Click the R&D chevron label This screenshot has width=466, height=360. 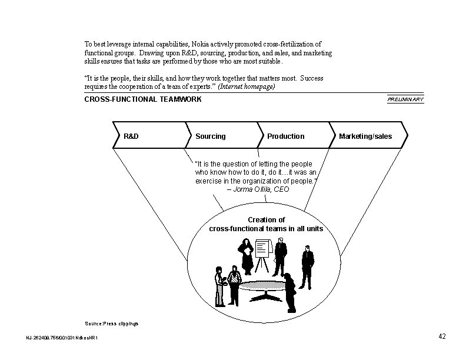tap(131, 136)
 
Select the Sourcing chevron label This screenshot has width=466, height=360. tap(210, 136)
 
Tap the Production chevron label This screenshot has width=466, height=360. tap(285, 136)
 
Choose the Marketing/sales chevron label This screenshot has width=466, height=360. tap(365, 136)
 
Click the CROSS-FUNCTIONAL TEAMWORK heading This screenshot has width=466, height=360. tap(143, 99)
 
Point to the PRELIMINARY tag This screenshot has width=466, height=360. tap(405, 100)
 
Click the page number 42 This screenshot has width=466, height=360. tap(442, 336)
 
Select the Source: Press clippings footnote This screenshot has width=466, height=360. tap(112, 324)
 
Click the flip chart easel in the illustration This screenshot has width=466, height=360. tap(262, 253)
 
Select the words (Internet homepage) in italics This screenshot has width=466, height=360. tap(247, 86)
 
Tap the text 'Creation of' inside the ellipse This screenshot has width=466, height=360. tap(266, 220)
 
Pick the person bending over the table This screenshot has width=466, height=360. tap(289, 291)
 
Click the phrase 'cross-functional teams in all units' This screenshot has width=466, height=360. tap(266, 228)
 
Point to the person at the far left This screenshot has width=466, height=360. tap(219, 286)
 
